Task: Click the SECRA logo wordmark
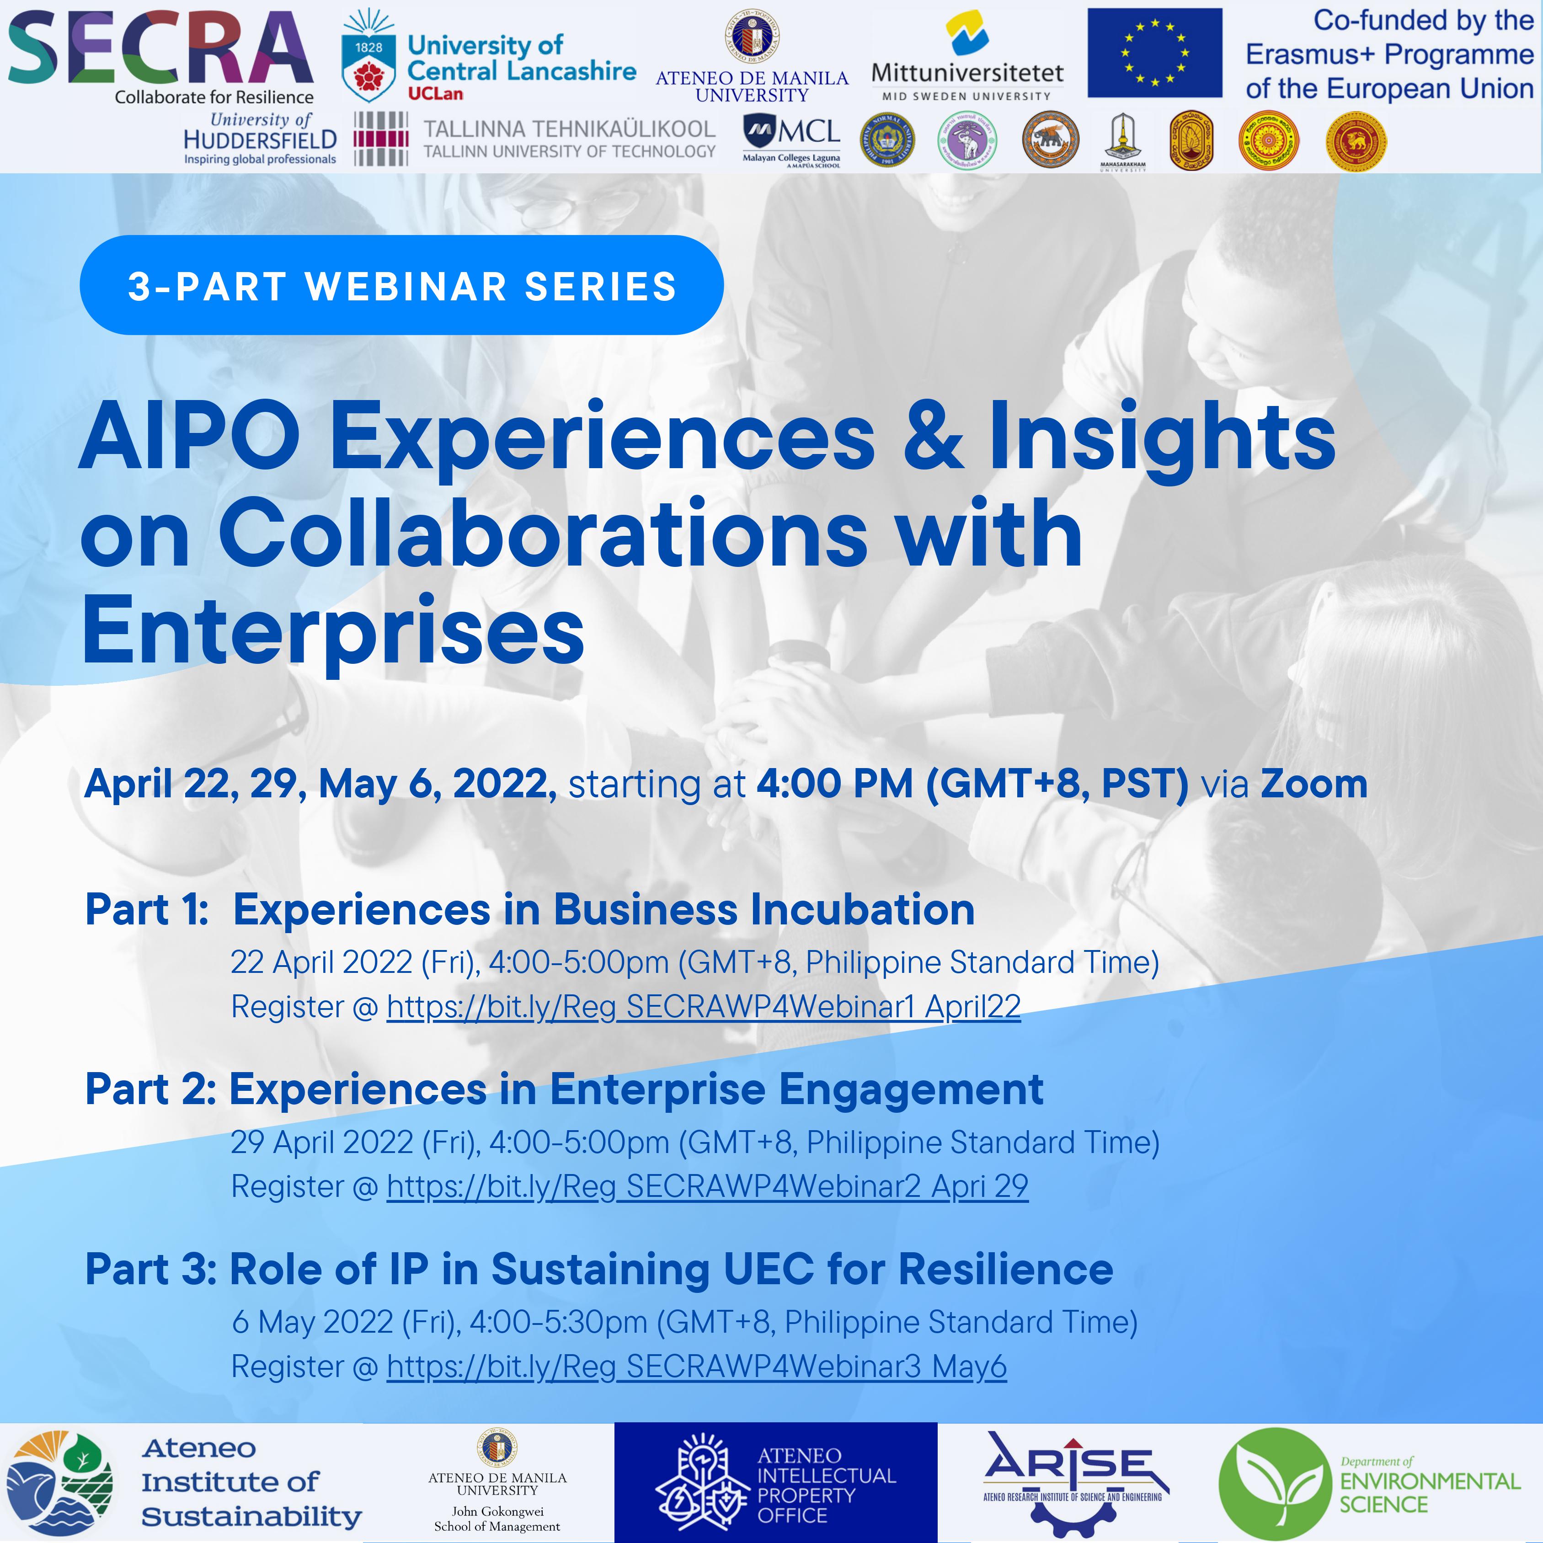pos(160,49)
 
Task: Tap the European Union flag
pos(1154,53)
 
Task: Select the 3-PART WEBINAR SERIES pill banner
pos(402,285)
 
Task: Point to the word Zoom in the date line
pos(1314,784)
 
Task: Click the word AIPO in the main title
pos(189,438)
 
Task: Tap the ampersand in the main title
pos(932,438)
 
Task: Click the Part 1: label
pos(147,910)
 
